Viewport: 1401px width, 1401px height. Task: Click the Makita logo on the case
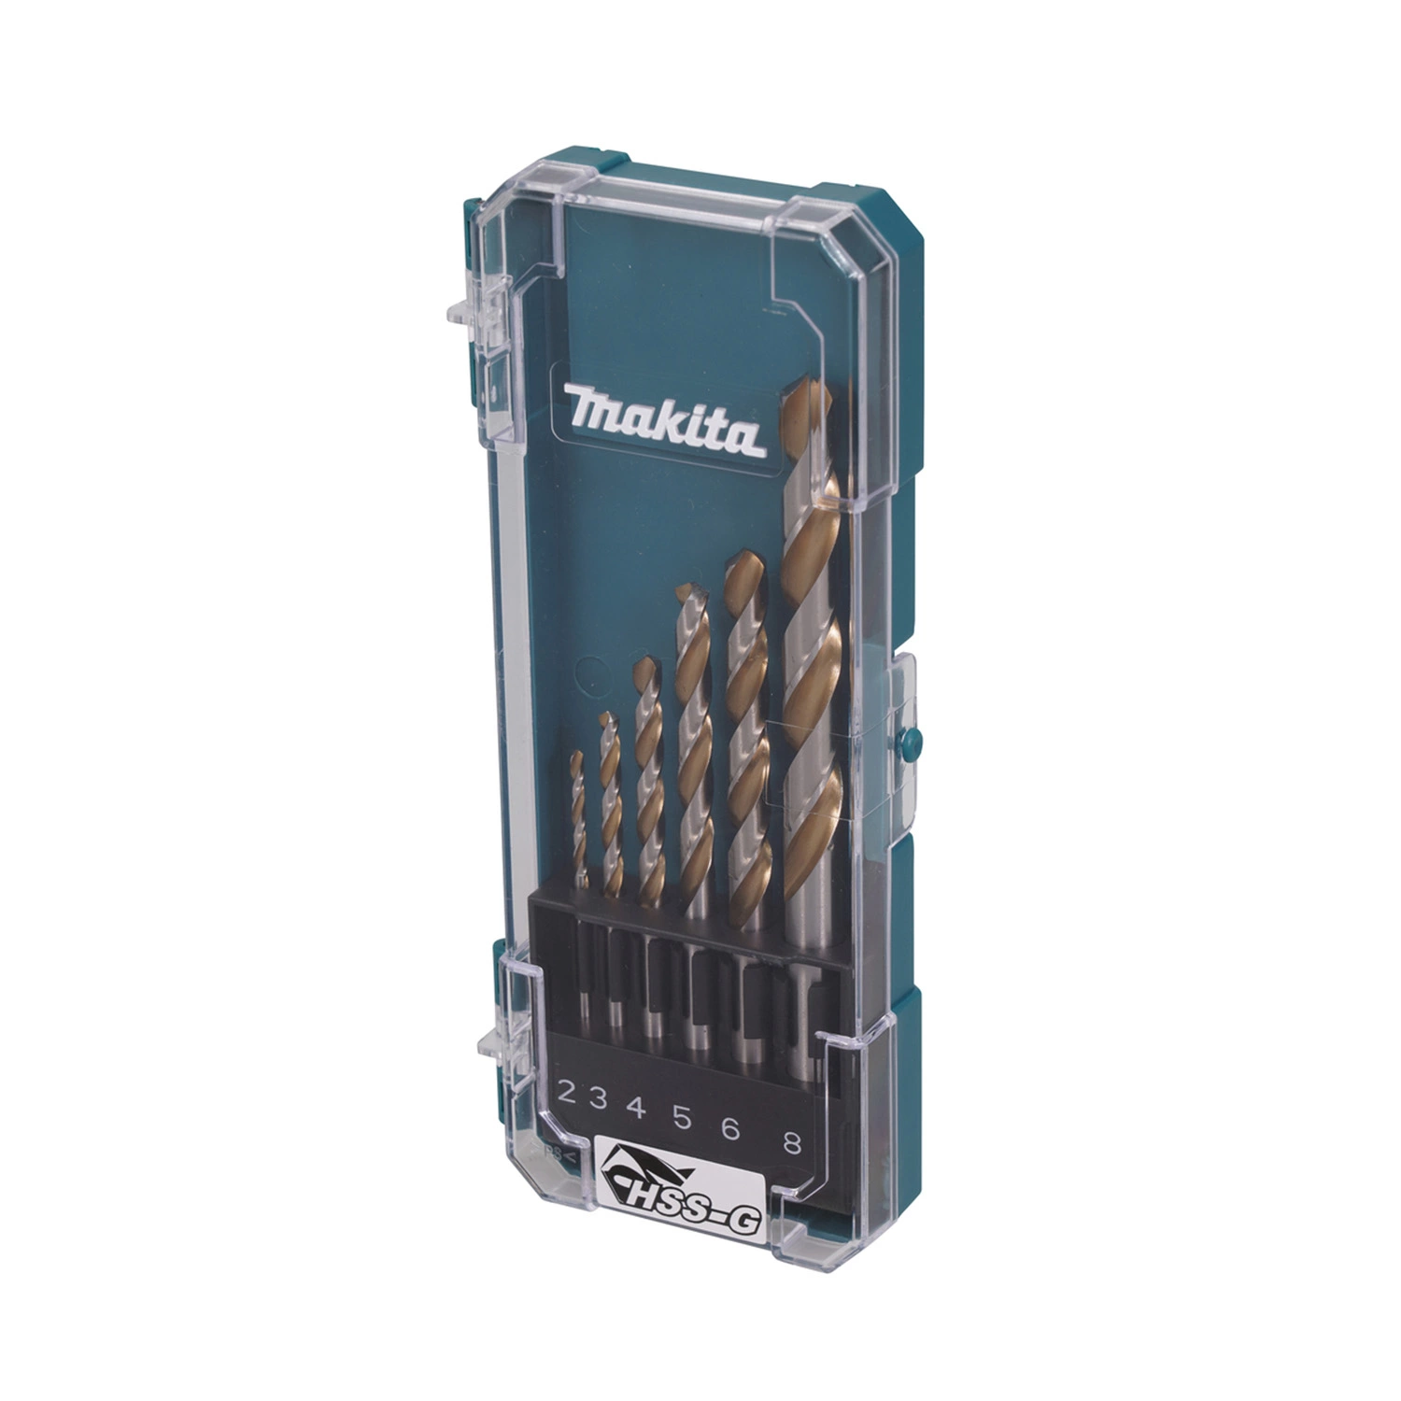pos(664,423)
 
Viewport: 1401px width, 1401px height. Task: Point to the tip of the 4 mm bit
pos(644,660)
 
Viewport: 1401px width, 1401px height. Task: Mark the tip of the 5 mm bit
pos(686,588)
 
